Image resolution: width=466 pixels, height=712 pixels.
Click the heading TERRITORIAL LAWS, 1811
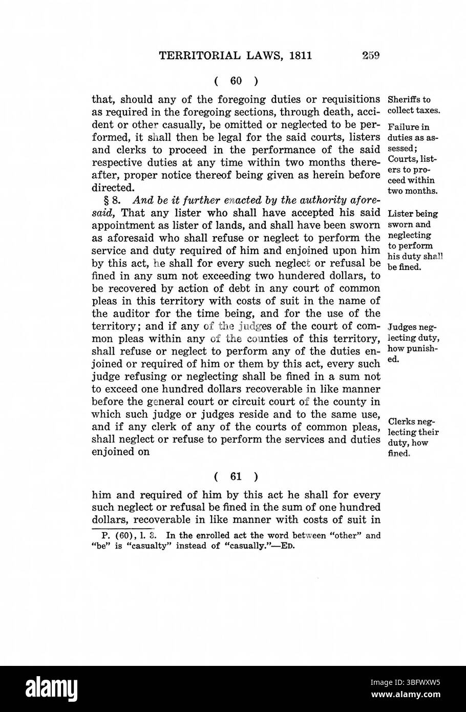236,55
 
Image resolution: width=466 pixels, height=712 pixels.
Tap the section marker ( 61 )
236,476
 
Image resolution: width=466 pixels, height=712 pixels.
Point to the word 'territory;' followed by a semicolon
116,326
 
